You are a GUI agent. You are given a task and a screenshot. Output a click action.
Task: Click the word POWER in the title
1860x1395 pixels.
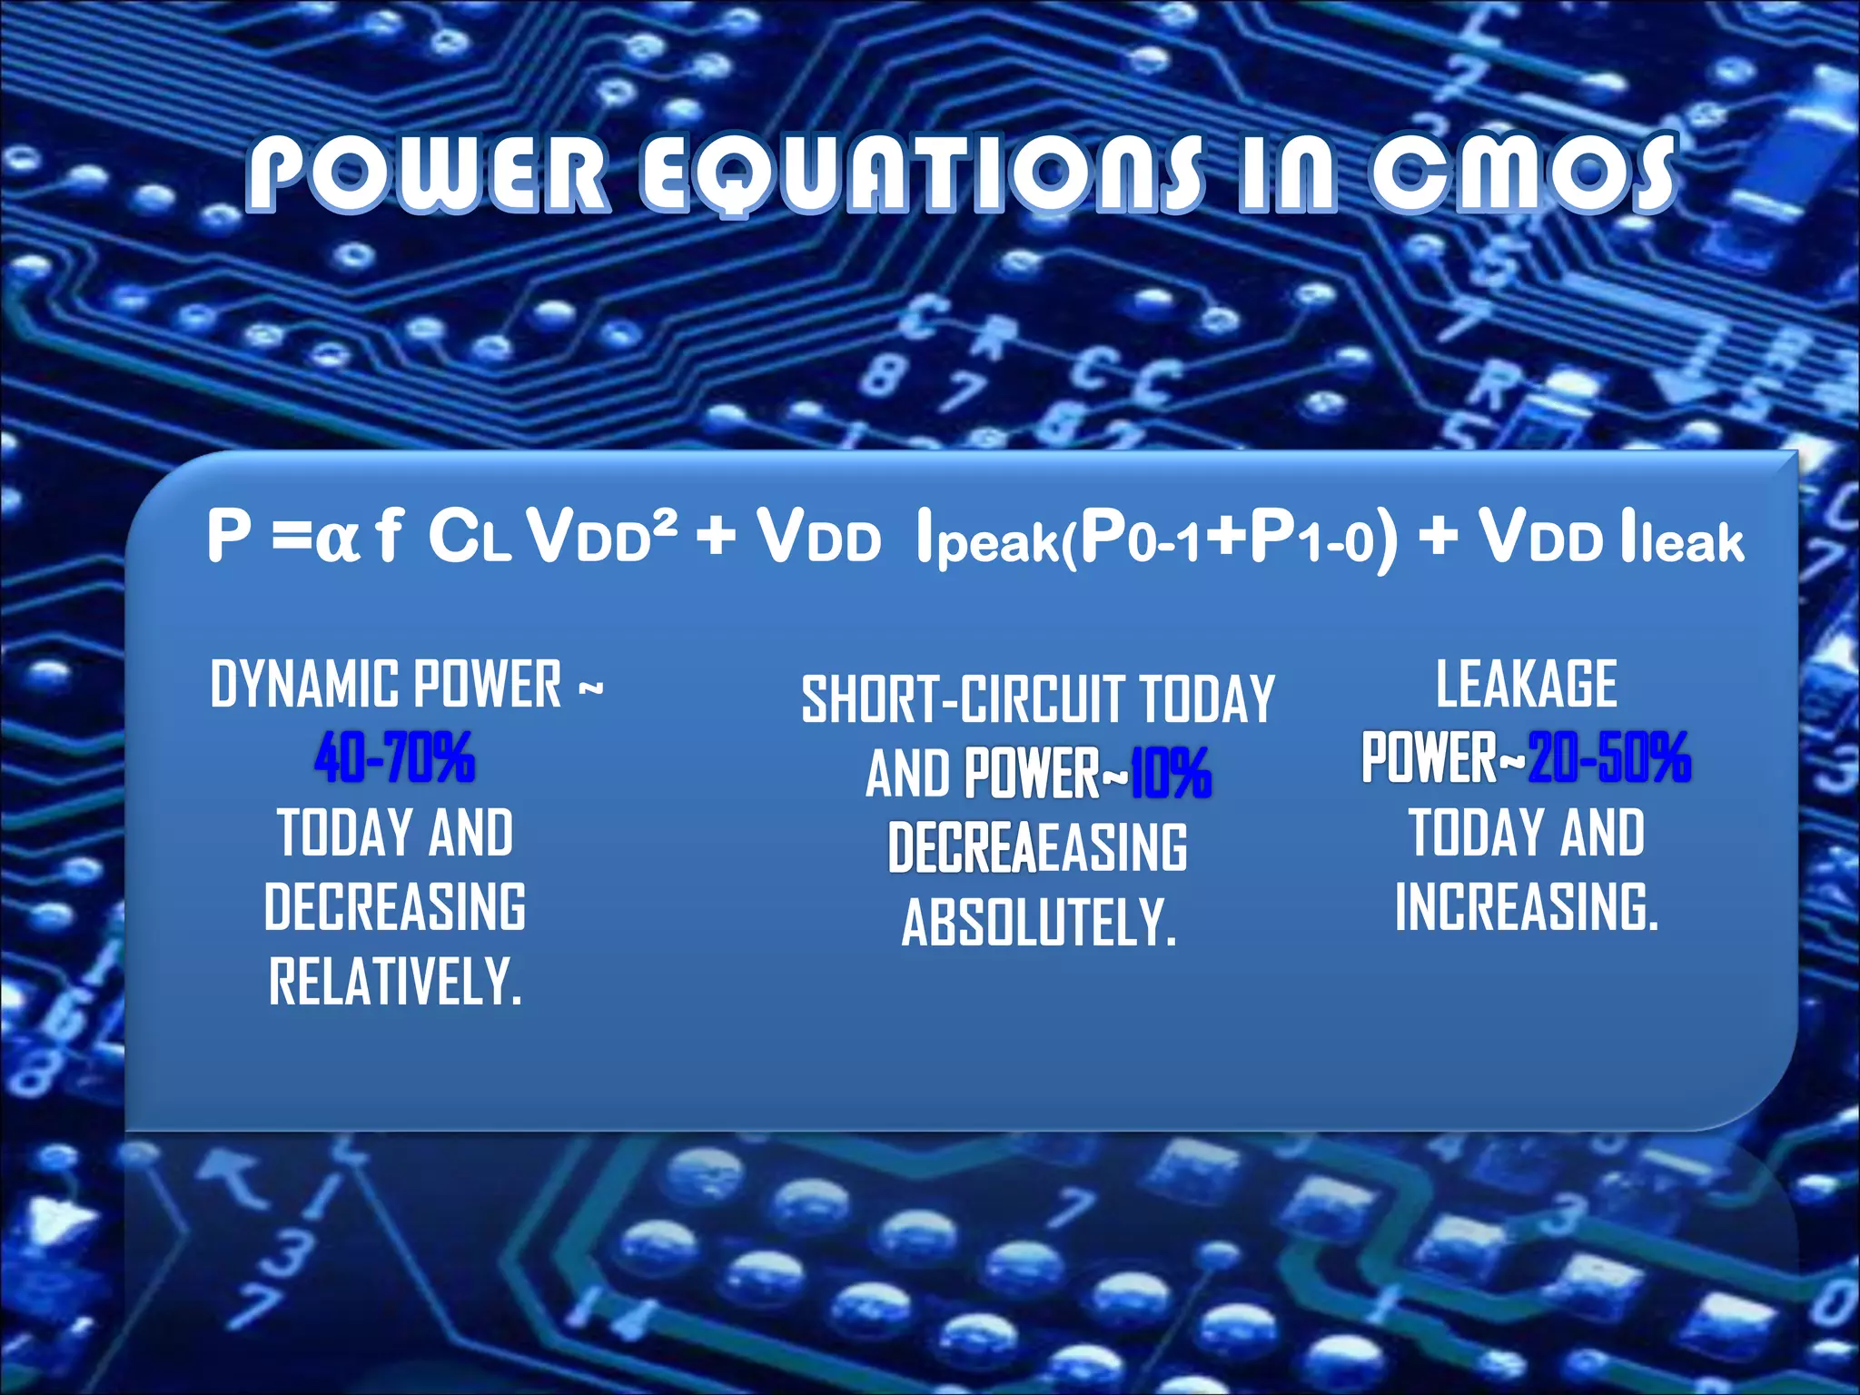click(427, 173)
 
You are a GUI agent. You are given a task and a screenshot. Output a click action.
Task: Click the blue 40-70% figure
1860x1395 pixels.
click(395, 757)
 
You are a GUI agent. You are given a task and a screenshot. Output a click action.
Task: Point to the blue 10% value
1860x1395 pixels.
click(1171, 774)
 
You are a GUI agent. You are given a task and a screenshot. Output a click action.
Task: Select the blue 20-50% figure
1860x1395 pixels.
click(1609, 757)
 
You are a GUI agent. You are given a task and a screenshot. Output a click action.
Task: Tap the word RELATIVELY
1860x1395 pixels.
click(395, 982)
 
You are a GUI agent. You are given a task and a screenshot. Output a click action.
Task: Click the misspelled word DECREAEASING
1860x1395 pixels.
click(1038, 848)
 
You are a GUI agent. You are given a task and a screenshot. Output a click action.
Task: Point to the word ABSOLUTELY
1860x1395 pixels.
click(1038, 923)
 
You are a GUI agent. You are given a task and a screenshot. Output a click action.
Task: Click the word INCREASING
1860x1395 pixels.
click(1526, 907)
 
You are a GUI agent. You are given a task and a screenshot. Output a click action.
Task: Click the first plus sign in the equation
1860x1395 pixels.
click(717, 536)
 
